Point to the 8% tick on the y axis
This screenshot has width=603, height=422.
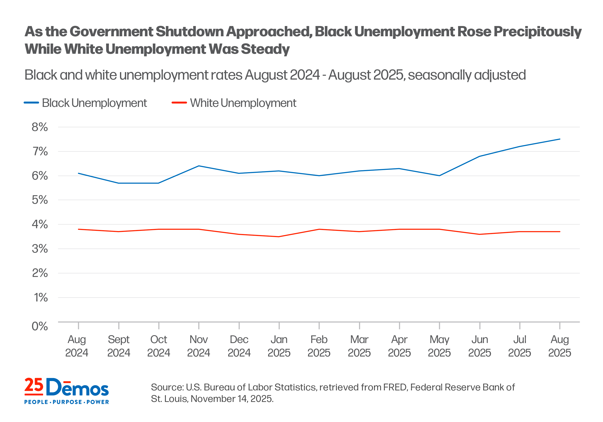(40, 127)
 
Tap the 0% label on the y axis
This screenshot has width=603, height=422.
(40, 326)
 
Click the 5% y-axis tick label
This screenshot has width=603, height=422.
(40, 200)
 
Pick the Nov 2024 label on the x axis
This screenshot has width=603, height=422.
(199, 346)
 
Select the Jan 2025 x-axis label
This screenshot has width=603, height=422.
(279, 346)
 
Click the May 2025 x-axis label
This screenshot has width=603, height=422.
(439, 346)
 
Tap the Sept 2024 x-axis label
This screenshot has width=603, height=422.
(119, 346)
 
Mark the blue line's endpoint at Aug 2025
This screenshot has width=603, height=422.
(560, 139)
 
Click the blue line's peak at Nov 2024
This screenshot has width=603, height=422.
(199, 166)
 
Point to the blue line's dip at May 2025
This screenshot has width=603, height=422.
(439, 176)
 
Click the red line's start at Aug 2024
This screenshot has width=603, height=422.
(79, 229)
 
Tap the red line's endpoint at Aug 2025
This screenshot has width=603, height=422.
(560, 232)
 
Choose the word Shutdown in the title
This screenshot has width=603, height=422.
(189, 32)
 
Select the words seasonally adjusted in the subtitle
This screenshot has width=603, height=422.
(467, 75)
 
